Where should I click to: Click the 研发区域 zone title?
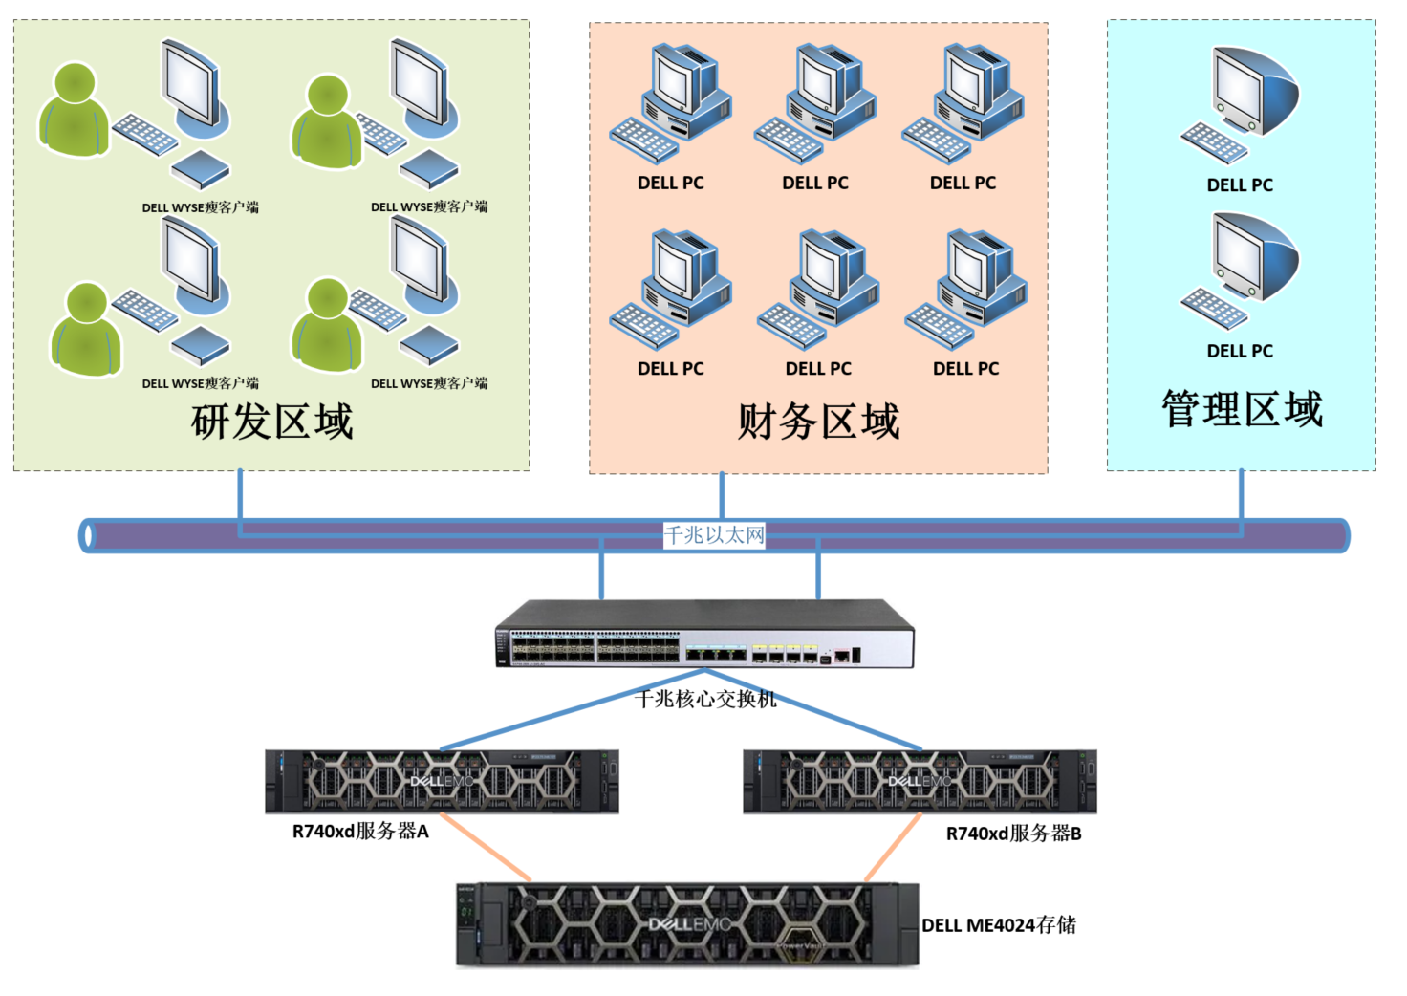coord(272,422)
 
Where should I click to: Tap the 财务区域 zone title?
coord(818,422)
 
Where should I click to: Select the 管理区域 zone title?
coord(1242,409)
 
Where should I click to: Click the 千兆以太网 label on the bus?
coord(715,535)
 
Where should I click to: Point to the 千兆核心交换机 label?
coord(705,700)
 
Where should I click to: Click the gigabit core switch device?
coord(704,634)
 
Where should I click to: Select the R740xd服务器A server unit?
coord(442,782)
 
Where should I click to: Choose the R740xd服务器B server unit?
coord(920,782)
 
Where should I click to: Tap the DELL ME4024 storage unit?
coord(687,924)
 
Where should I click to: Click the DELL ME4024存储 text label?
coord(999,925)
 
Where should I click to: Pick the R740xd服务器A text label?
coord(360,832)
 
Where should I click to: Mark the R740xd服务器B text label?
coord(1013,834)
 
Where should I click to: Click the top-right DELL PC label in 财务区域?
coord(963,183)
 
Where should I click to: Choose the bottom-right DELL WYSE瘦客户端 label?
coord(429,383)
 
